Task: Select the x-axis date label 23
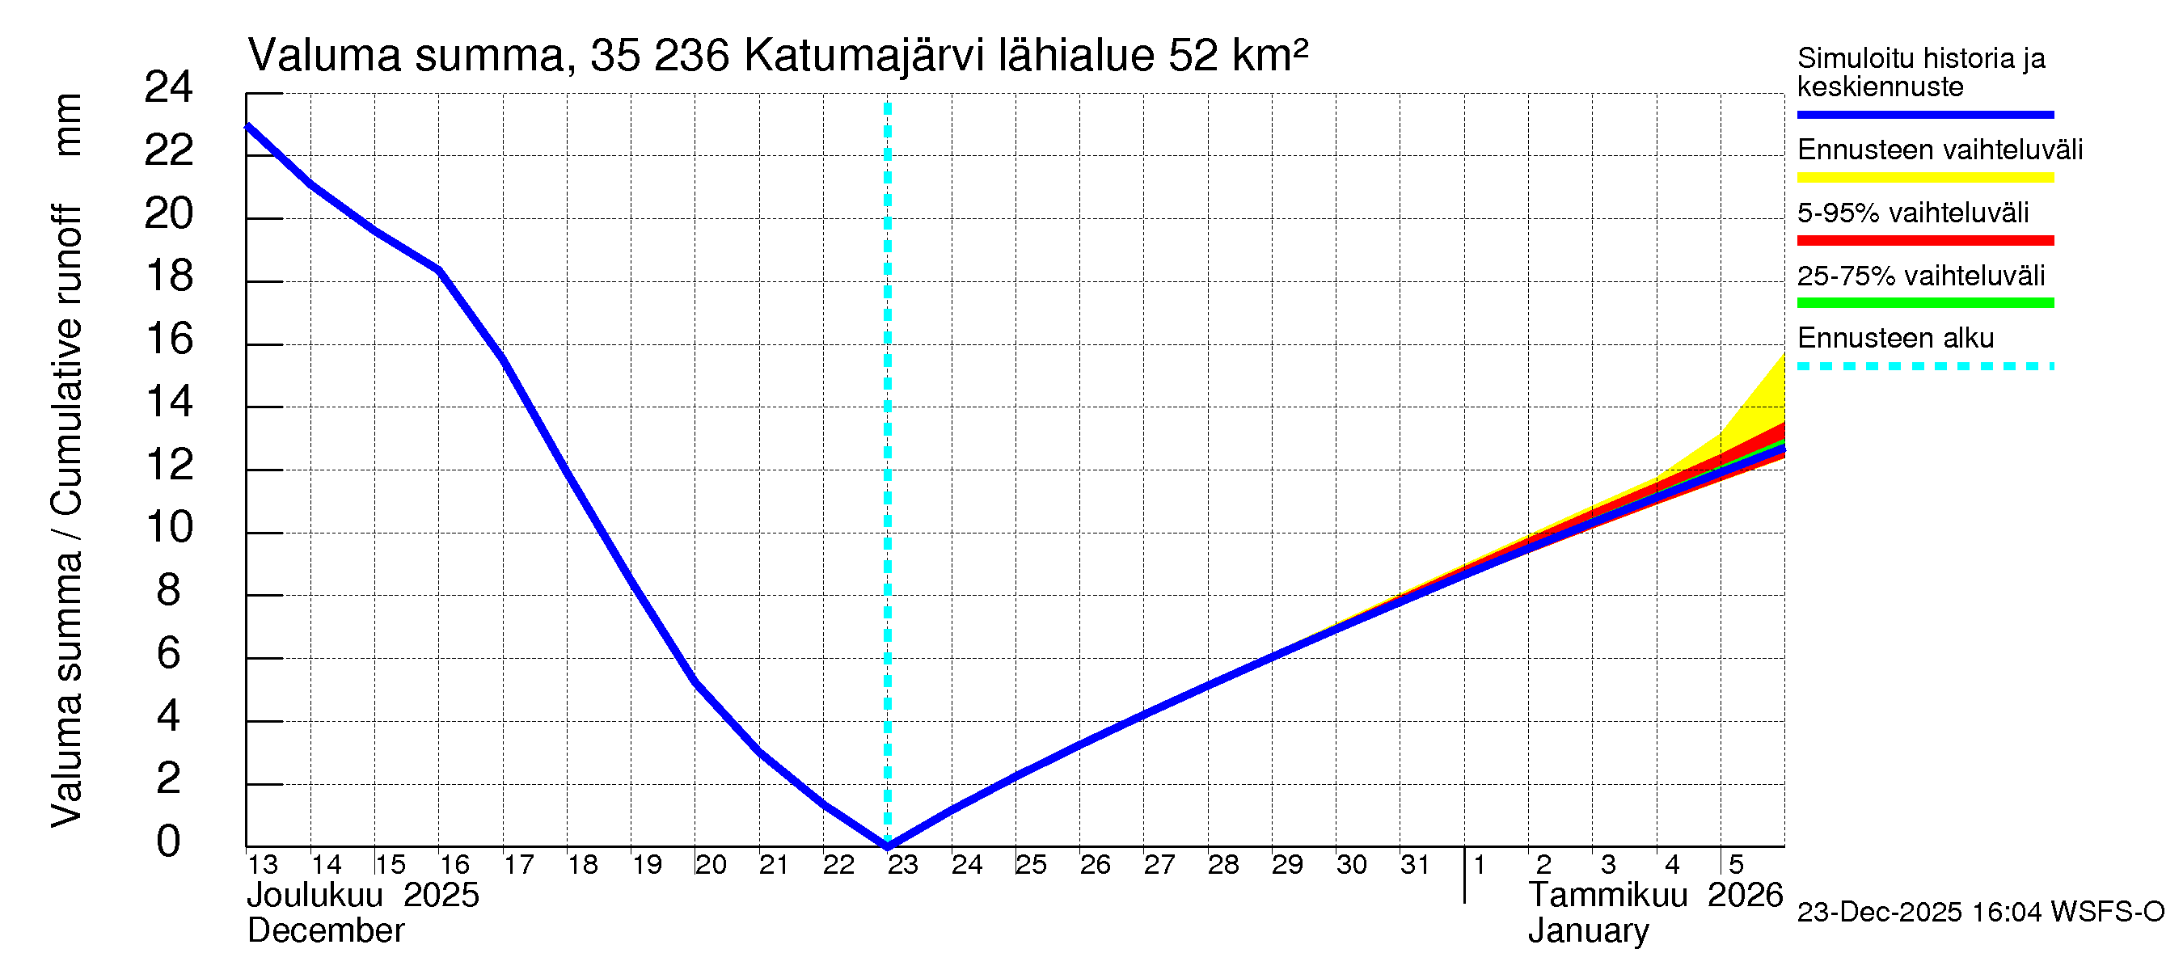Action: pyautogui.click(x=902, y=865)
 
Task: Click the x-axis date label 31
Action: pyautogui.click(x=1414, y=865)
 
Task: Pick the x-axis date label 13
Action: pyautogui.click(x=262, y=865)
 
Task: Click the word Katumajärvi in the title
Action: pyautogui.click(x=863, y=56)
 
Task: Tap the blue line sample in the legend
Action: pyautogui.click(x=1924, y=114)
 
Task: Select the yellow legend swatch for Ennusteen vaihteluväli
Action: pyautogui.click(x=1924, y=177)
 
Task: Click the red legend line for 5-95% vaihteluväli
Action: pyautogui.click(x=1924, y=241)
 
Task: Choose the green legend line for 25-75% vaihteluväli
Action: pyautogui.click(x=1924, y=302)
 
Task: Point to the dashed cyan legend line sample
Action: pyautogui.click(x=1924, y=366)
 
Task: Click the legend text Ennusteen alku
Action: pyautogui.click(x=1895, y=338)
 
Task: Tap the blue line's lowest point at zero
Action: pyautogui.click(x=887, y=845)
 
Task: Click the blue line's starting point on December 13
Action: pyautogui.click(x=247, y=126)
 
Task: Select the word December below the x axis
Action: pyautogui.click(x=325, y=931)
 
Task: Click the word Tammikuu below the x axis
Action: pyautogui.click(x=1607, y=896)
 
